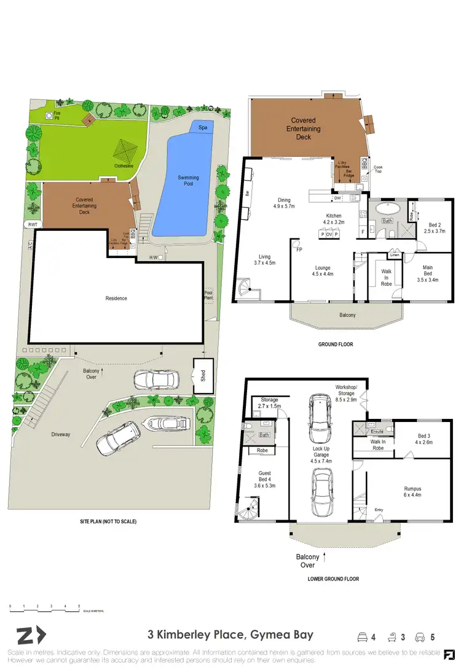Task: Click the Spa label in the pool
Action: pyautogui.click(x=202, y=128)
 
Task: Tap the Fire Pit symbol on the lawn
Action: pyautogui.click(x=49, y=115)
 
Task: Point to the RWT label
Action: pyautogui.click(x=32, y=225)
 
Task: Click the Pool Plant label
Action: pyautogui.click(x=209, y=296)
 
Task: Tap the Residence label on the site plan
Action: pyautogui.click(x=116, y=299)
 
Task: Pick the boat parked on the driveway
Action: pyautogui.click(x=167, y=424)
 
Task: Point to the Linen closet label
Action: pyautogui.click(x=395, y=254)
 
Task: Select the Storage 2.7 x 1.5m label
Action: pyautogui.click(x=269, y=402)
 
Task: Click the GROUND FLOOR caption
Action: pyautogui.click(x=335, y=345)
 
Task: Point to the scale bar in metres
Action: pyautogui.click(x=44, y=610)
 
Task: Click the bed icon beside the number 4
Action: pyautogui.click(x=363, y=635)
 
